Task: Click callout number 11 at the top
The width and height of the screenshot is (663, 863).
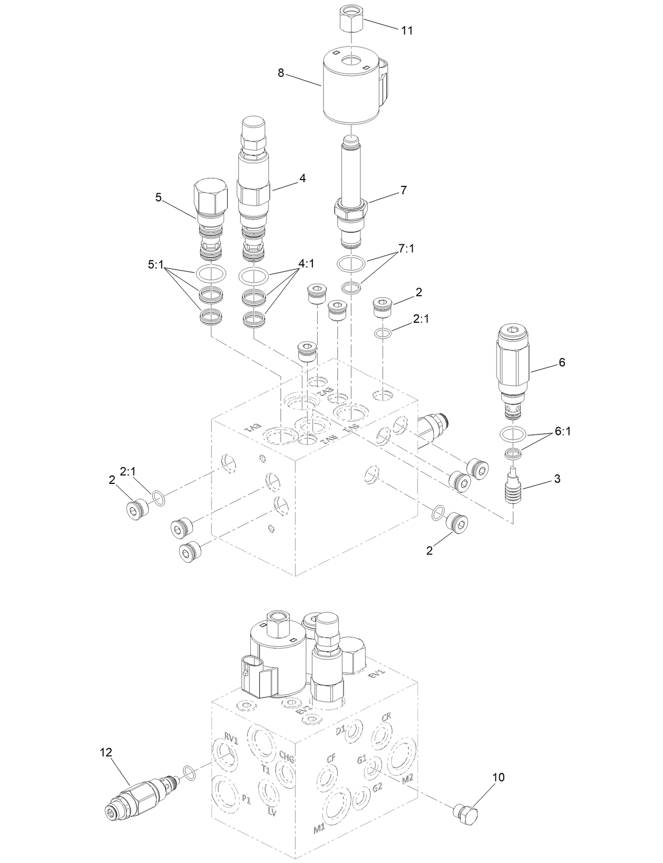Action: coord(406,31)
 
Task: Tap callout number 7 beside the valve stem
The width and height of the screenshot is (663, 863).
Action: coord(403,191)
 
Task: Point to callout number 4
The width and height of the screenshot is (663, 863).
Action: coord(303,178)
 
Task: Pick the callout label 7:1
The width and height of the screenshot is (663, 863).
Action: coord(405,249)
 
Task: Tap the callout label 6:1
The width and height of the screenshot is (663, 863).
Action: coord(562,432)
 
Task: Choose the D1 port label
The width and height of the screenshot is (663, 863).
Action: coord(340,729)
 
